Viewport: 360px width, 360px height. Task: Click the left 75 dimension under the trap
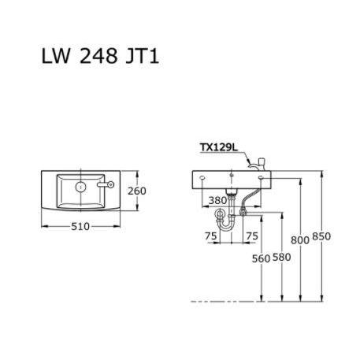(211, 235)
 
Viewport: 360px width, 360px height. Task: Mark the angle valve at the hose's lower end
(243, 210)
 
